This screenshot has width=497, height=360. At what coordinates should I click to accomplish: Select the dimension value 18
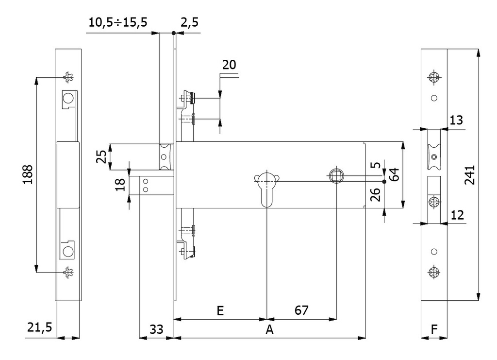(121, 185)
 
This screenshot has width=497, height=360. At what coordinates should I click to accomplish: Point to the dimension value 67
(301, 310)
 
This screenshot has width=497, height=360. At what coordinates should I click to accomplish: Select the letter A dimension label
(270, 329)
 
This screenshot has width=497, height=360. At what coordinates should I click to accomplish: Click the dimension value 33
(156, 329)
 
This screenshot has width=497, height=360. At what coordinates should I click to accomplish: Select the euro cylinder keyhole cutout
(266, 187)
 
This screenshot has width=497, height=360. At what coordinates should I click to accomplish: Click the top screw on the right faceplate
(434, 77)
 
